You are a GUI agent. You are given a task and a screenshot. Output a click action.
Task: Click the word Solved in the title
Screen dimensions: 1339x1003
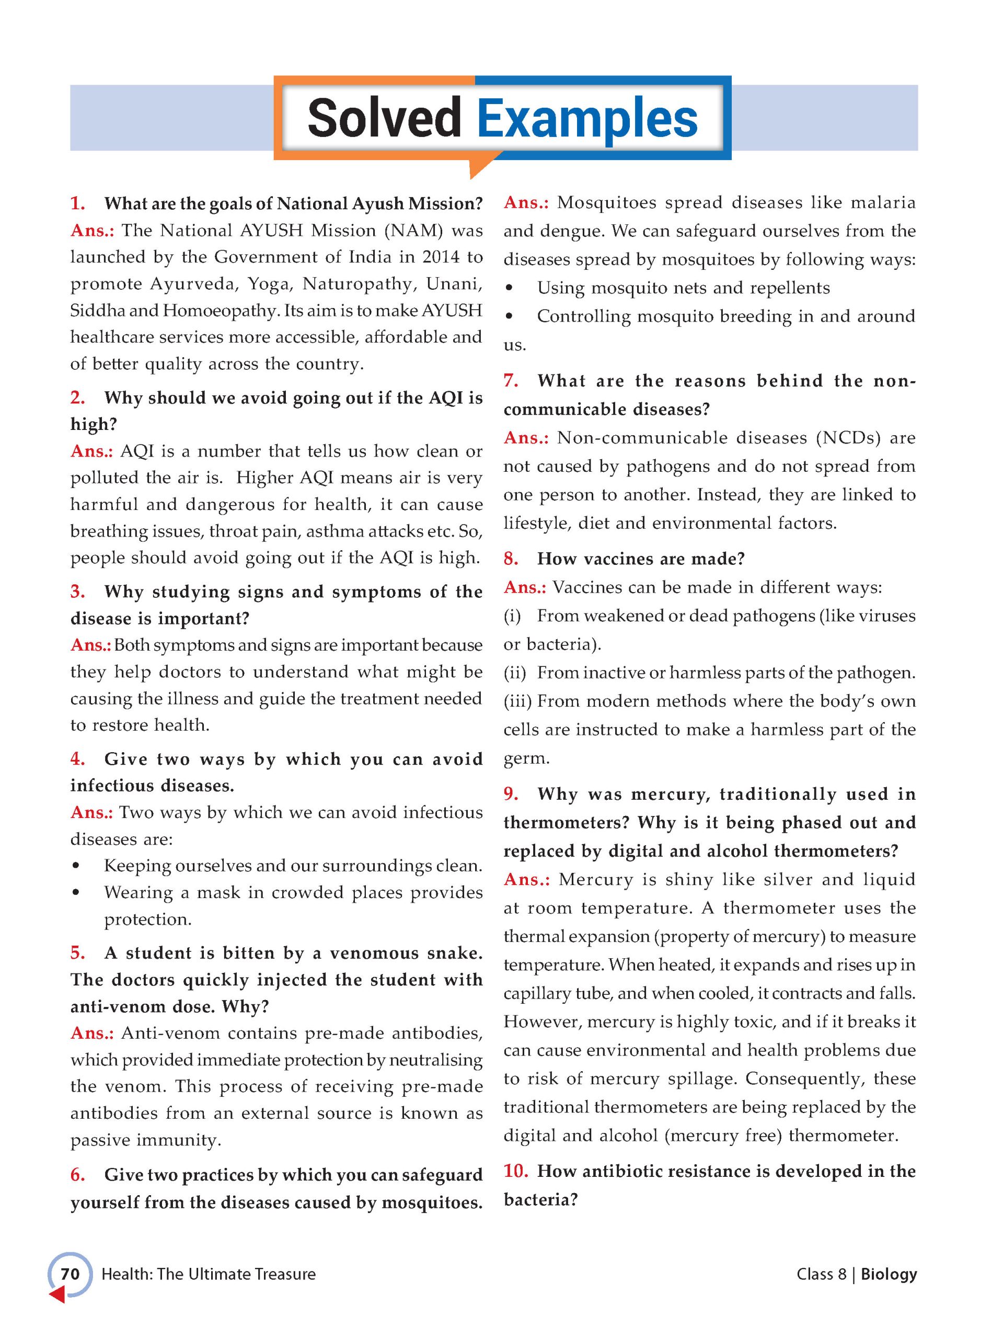pyautogui.click(x=384, y=118)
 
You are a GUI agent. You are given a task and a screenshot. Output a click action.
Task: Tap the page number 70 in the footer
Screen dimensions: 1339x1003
pyautogui.click(x=70, y=1274)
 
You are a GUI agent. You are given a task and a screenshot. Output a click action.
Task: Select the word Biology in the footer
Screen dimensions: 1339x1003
pyautogui.click(x=888, y=1274)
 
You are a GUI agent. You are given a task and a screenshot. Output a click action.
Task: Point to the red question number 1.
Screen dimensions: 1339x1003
pyautogui.click(x=77, y=203)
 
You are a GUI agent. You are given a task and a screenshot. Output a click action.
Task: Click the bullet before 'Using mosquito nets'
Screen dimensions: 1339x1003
pyautogui.click(x=510, y=289)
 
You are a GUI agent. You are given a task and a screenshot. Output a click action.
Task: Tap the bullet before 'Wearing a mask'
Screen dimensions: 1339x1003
pyautogui.click(x=76, y=893)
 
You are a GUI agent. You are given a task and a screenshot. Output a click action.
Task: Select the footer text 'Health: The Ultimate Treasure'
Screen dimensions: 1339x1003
pyautogui.click(x=208, y=1274)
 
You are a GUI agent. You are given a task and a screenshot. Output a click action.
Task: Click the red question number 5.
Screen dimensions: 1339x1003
pyautogui.click(x=77, y=953)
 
